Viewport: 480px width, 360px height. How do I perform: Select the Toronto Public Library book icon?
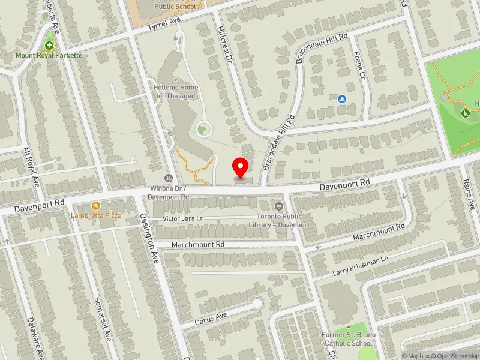pos(278,206)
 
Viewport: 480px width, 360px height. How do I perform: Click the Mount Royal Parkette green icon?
pos(49,46)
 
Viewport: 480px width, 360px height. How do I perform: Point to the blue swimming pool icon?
pos(341,99)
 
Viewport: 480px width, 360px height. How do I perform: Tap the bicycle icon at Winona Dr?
pos(169,178)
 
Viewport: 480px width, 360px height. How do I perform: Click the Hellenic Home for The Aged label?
pos(176,91)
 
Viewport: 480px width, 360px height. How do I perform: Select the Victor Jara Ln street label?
pos(184,219)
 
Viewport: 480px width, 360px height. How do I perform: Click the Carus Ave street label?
pos(211,318)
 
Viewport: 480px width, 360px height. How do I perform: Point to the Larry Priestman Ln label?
pos(361,266)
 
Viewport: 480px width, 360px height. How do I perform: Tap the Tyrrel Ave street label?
pos(166,23)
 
